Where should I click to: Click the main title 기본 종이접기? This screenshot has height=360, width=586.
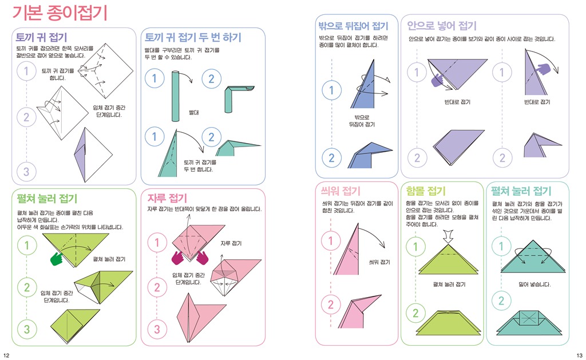pyautogui.click(x=60, y=13)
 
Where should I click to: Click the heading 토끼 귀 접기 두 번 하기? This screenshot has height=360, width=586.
pyautogui.click(x=193, y=37)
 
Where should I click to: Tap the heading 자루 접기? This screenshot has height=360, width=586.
pyautogui.click(x=167, y=198)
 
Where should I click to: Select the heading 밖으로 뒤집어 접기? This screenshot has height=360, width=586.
pyautogui.click(x=353, y=26)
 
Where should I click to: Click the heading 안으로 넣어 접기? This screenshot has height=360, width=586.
pyautogui.click(x=442, y=26)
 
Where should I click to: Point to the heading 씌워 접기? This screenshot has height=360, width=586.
pyautogui.click(x=340, y=191)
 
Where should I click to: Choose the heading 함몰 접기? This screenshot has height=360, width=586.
pyautogui.click(x=426, y=191)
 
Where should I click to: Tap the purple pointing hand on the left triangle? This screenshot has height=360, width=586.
pyautogui.click(x=437, y=80)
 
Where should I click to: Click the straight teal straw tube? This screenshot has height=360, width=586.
pyautogui.click(x=175, y=96)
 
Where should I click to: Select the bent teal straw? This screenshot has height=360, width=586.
pyautogui.click(x=238, y=98)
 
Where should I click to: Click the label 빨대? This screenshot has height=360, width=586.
pyautogui.click(x=193, y=113)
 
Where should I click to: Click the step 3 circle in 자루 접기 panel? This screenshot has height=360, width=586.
pyautogui.click(x=157, y=329)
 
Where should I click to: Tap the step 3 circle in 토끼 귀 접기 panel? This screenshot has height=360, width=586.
pyautogui.click(x=26, y=172)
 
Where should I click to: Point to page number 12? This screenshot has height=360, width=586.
pyautogui.click(x=6, y=355)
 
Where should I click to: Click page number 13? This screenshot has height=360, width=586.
pyautogui.click(x=579, y=355)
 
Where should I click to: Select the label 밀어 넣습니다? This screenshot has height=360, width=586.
pyautogui.click(x=534, y=284)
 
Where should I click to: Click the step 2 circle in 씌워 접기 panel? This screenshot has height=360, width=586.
pyautogui.click(x=331, y=304)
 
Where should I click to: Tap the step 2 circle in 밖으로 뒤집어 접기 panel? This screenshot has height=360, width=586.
pyautogui.click(x=331, y=158)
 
